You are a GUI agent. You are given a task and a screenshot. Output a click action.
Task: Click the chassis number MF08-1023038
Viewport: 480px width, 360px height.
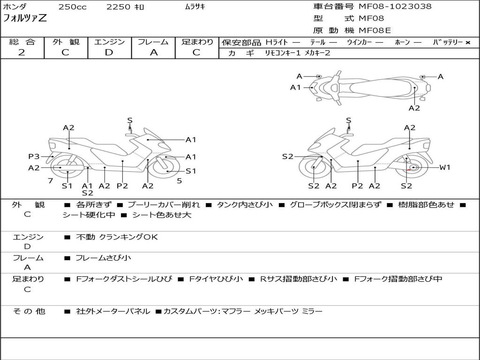tap(395, 7)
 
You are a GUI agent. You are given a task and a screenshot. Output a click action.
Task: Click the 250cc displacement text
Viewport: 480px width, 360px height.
tap(73, 7)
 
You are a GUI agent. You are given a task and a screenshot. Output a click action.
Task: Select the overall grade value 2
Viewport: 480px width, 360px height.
tap(22, 52)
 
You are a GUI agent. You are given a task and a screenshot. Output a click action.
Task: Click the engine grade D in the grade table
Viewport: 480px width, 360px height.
tap(109, 52)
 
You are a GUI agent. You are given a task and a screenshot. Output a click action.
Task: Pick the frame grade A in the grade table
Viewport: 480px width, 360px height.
tap(153, 52)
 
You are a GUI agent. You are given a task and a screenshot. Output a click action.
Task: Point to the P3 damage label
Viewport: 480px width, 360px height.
tap(34, 157)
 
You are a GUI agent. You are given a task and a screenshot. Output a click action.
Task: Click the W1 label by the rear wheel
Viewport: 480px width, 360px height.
tap(444, 167)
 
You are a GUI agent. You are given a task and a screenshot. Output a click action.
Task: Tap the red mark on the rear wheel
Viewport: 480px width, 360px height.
tap(409, 170)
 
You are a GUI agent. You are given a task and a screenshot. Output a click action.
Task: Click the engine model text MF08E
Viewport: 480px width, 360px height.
tap(375, 31)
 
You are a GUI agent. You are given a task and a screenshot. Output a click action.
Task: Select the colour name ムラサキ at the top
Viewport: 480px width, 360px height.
tap(195, 7)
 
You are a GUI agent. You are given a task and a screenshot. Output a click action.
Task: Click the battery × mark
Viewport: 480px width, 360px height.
tap(467, 43)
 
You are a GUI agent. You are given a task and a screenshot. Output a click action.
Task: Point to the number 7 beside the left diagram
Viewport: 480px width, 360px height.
tap(50, 180)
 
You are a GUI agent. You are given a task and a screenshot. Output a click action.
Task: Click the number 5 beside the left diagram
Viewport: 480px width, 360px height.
tap(179, 180)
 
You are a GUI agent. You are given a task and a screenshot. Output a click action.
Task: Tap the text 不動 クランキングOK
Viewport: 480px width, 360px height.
tap(117, 237)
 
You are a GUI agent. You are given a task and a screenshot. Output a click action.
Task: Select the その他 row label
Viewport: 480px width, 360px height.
tap(29, 311)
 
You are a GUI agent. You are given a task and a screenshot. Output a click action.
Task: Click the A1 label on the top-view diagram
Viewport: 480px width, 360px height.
tap(295, 87)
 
